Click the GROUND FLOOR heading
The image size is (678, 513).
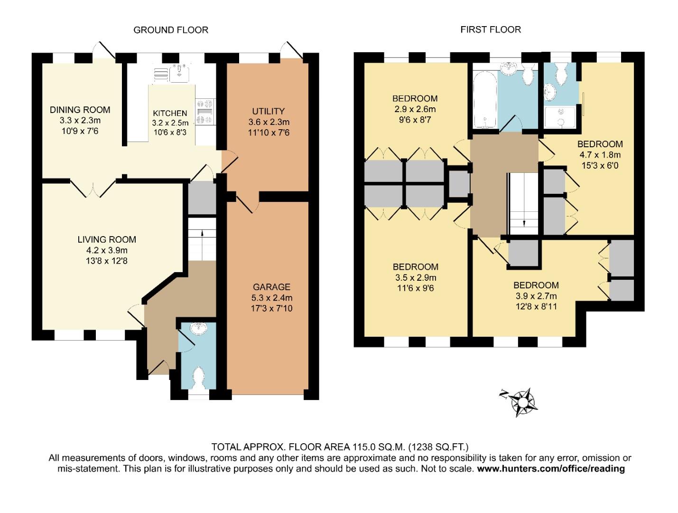click(171, 30)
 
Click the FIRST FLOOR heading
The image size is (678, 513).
click(491, 29)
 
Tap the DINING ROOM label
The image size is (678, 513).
click(80, 110)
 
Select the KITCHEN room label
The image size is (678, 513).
click(170, 113)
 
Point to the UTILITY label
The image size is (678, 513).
click(269, 111)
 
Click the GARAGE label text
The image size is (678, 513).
click(271, 287)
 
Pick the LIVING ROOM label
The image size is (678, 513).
click(107, 240)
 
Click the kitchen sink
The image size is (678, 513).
click(179, 72)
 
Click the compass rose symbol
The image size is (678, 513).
click(522, 402)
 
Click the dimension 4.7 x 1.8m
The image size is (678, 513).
click(600, 155)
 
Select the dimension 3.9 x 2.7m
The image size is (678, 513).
click(536, 296)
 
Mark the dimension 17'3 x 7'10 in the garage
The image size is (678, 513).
click(271, 309)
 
